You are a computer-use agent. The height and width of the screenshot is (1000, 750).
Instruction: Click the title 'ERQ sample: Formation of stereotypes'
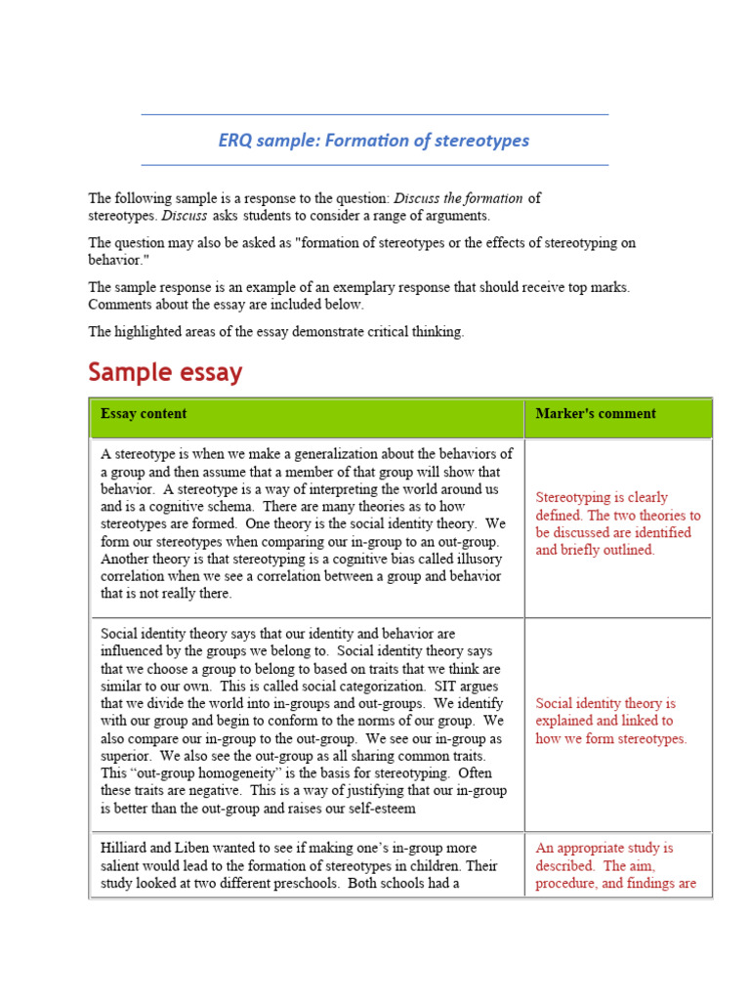374,141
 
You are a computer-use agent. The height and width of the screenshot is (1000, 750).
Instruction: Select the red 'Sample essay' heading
165,372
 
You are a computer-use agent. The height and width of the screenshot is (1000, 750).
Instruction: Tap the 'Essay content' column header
144,414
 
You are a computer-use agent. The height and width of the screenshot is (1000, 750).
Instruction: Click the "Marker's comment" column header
596,414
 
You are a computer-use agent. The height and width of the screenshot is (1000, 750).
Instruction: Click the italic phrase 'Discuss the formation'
457,198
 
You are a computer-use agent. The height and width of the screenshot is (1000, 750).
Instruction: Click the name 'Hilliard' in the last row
125,849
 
